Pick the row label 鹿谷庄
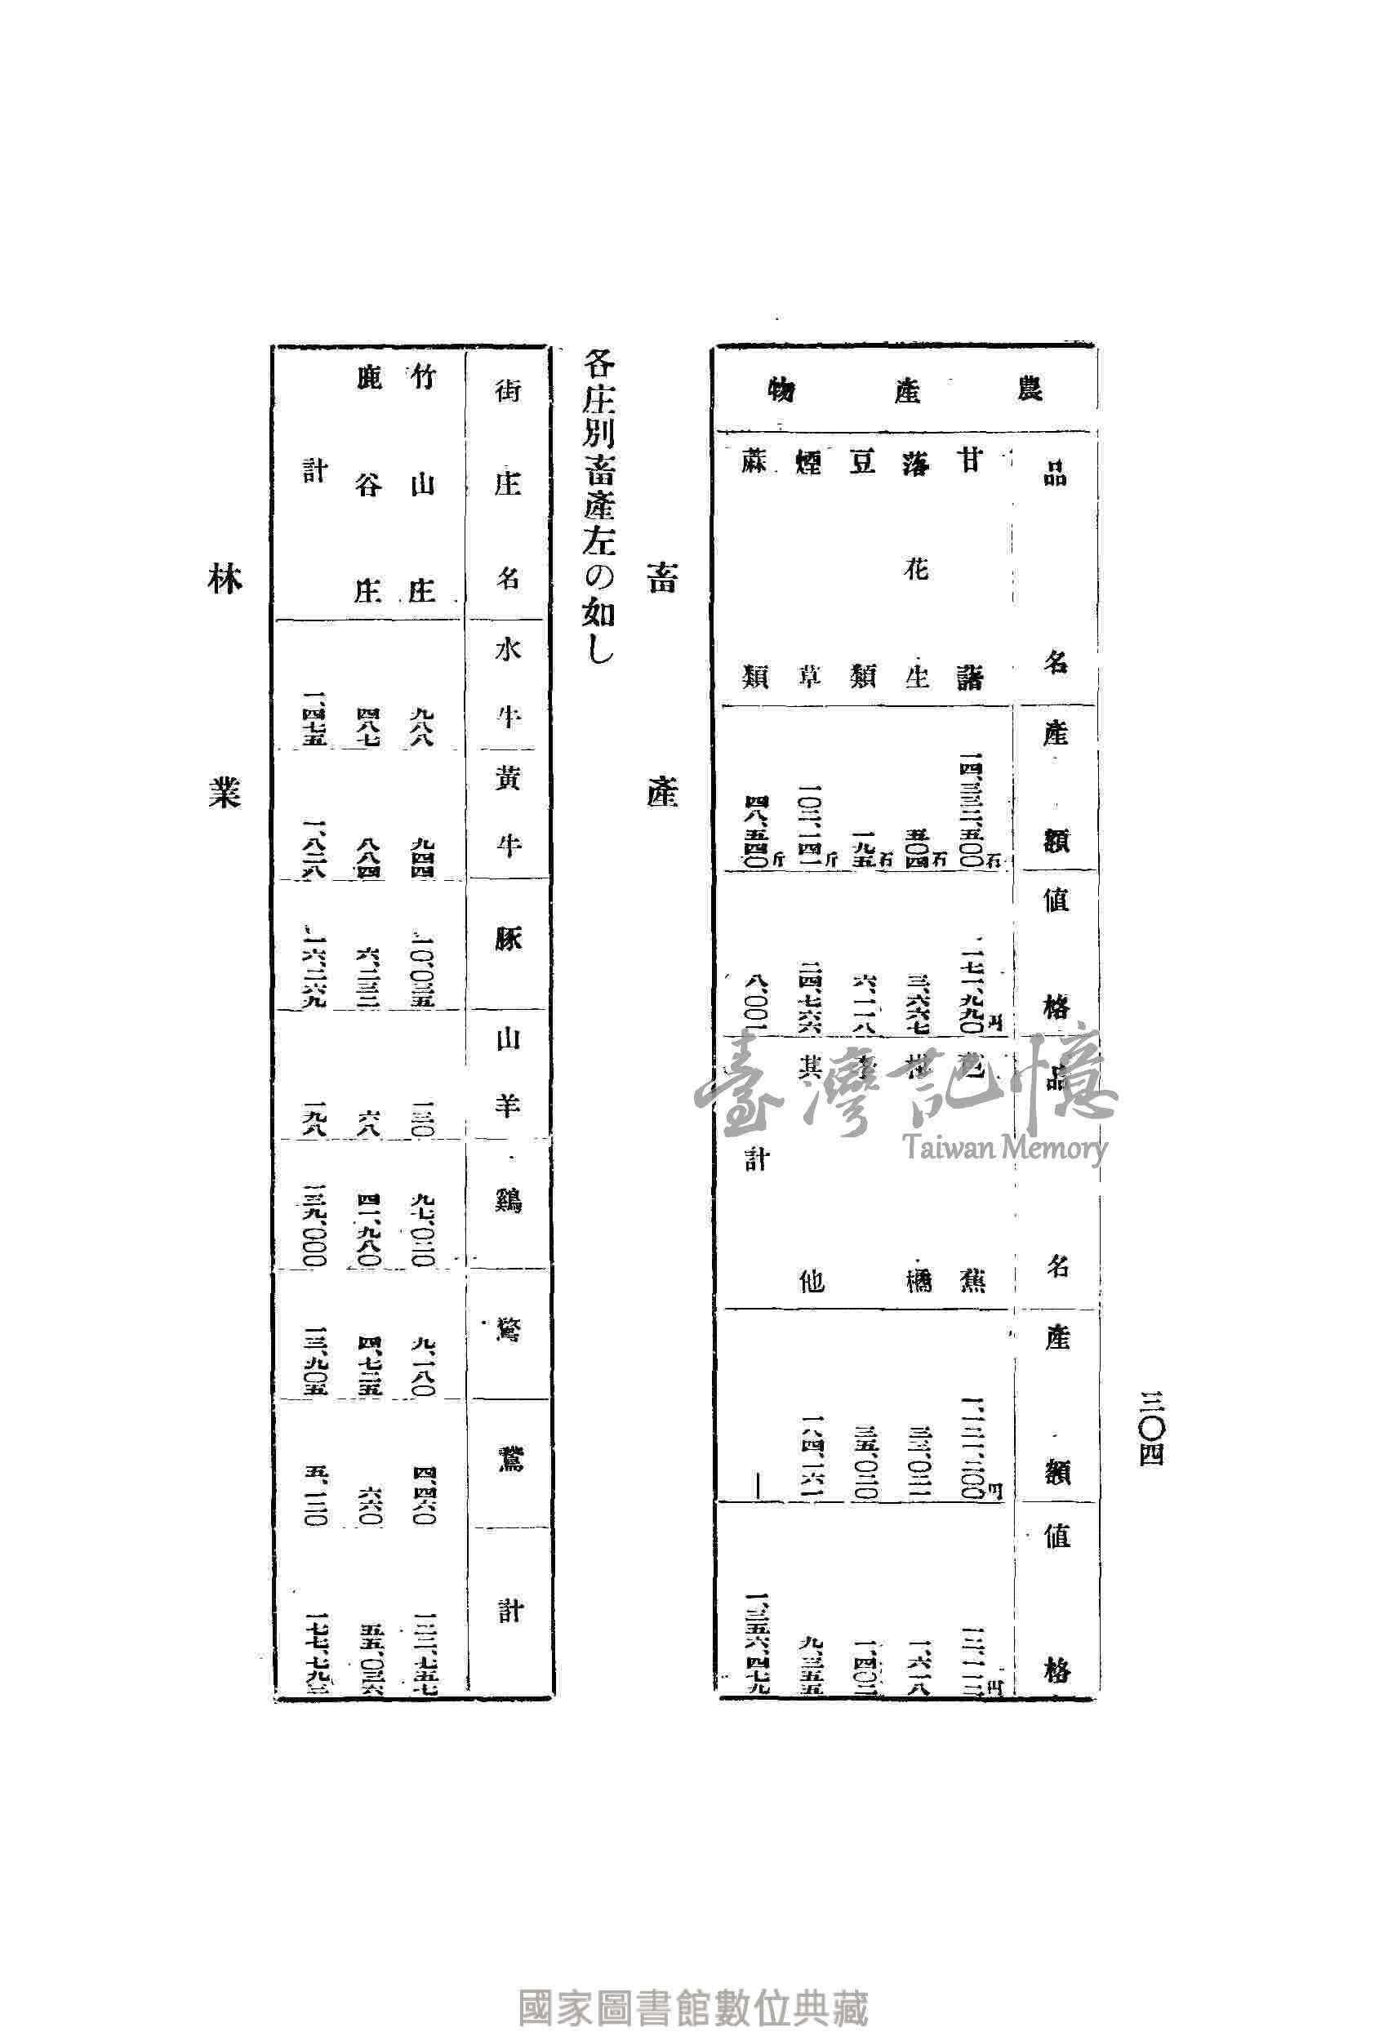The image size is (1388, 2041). (369, 483)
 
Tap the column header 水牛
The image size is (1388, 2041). (509, 684)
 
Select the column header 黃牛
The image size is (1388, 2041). (509, 812)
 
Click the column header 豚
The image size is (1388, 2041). (509, 939)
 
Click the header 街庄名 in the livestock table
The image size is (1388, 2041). (509, 483)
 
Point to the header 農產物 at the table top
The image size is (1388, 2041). (905, 389)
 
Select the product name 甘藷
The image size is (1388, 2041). (969, 567)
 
